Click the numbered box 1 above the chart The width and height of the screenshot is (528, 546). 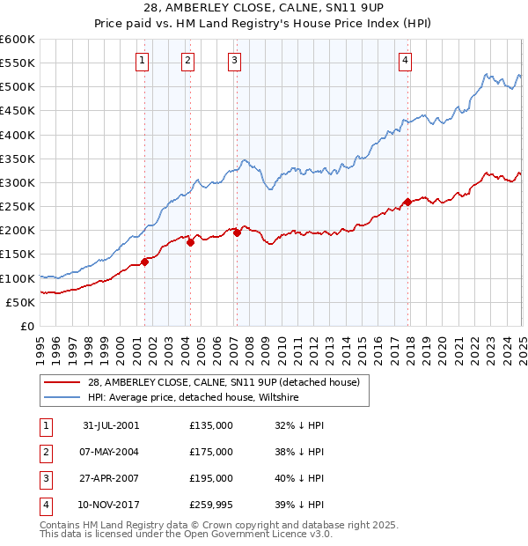click(143, 60)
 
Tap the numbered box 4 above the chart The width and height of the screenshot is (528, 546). click(405, 60)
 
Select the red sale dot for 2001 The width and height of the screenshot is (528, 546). click(145, 262)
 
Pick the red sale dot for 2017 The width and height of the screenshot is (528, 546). click(407, 202)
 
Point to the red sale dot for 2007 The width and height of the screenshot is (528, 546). click(237, 232)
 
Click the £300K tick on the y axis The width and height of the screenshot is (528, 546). click(17, 183)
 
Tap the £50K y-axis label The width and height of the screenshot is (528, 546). click(19, 302)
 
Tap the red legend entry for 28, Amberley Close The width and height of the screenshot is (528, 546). click(224, 382)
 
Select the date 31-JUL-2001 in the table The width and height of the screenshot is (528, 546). click(111, 425)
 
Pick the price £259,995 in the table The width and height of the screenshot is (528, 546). click(211, 505)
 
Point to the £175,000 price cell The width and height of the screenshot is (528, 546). click(211, 452)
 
